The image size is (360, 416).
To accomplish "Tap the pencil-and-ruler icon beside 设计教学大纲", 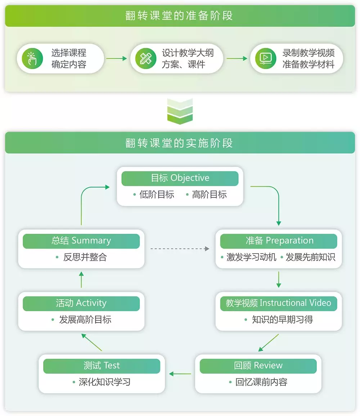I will (x=145, y=58).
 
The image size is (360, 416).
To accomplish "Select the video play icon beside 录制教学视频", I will (x=265, y=58).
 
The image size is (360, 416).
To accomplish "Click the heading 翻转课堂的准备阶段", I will (x=180, y=16).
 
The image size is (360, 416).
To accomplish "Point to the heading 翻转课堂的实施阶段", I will (x=180, y=143).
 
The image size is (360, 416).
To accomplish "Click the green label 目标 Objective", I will (x=180, y=178).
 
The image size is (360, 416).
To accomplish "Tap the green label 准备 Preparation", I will (x=279, y=241).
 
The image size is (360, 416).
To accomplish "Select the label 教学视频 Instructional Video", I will (x=279, y=303).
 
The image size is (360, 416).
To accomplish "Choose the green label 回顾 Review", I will (x=258, y=366).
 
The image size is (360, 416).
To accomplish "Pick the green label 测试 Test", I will (x=102, y=366).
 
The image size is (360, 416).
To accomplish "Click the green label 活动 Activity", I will (x=81, y=303).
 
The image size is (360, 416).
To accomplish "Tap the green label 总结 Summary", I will (x=81, y=241).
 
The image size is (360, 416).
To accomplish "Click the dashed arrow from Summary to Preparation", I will (x=180, y=249).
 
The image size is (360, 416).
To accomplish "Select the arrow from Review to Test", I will (x=180, y=374).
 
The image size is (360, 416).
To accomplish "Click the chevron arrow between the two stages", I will (x=180, y=111).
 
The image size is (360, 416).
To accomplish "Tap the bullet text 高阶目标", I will (x=209, y=195).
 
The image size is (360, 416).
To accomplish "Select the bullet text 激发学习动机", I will (x=251, y=257).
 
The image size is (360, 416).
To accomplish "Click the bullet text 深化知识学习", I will (x=104, y=382).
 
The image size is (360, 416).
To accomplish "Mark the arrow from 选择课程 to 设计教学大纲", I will (x=117, y=58).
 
